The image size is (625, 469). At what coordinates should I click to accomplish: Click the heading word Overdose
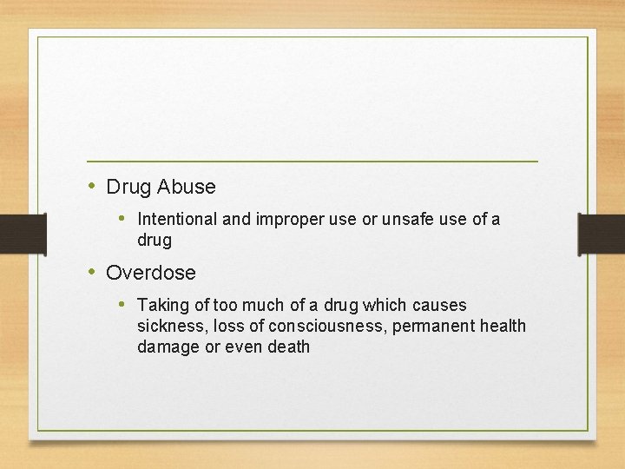click(151, 273)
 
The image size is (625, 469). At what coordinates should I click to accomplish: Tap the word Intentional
click(178, 220)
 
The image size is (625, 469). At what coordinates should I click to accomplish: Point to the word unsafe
click(415, 220)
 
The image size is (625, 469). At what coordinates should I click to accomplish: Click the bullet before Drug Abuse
click(92, 186)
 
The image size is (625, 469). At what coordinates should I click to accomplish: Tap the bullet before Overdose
click(92, 272)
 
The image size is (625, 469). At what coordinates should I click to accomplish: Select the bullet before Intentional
click(123, 219)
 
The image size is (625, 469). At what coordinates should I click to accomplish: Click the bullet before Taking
click(123, 305)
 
